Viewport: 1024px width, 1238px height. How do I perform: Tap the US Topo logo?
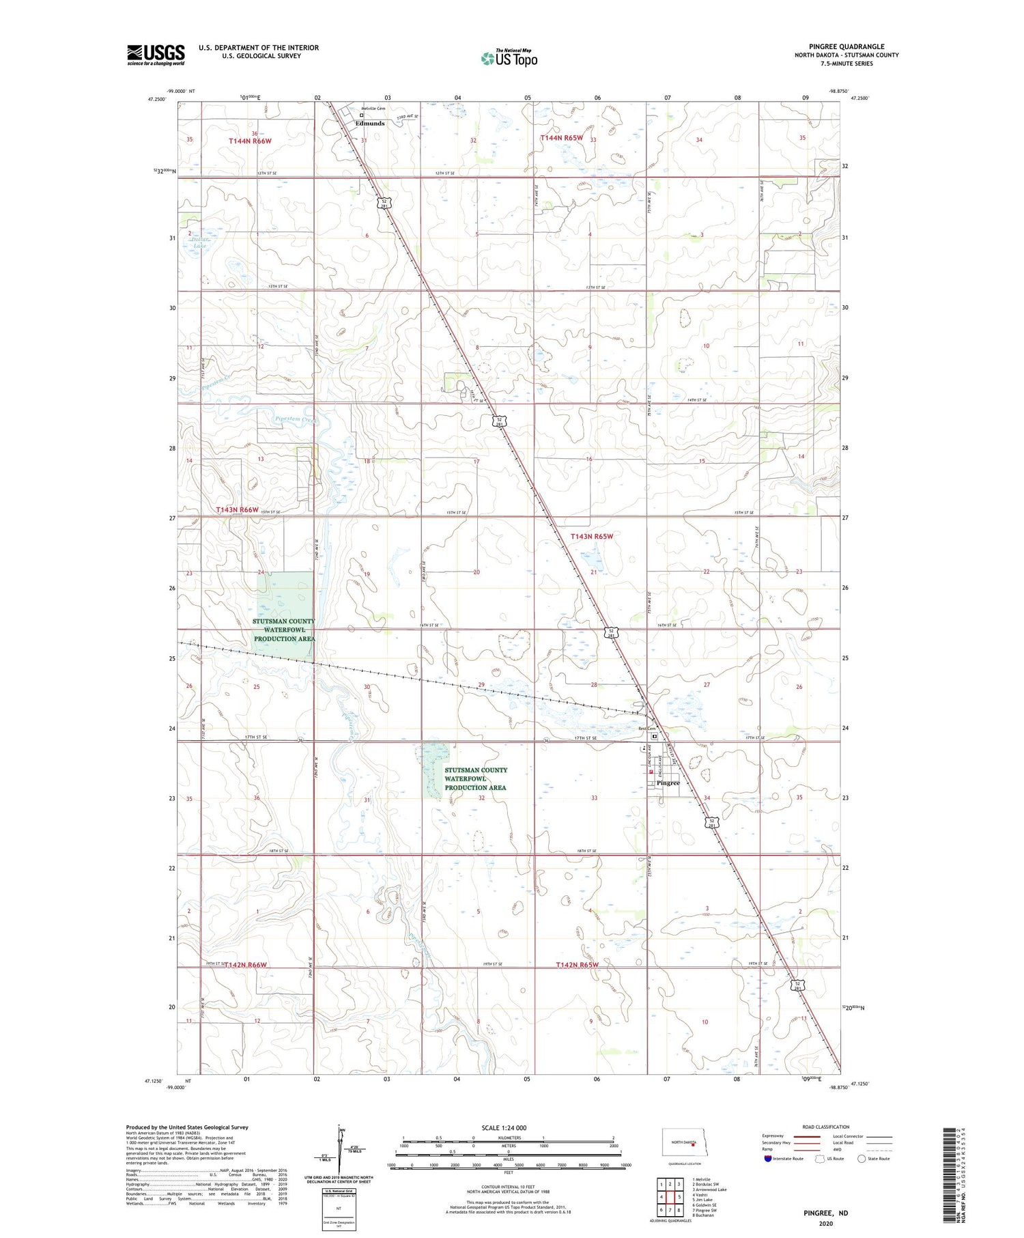(x=509, y=59)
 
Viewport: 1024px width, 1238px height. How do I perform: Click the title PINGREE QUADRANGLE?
(x=846, y=46)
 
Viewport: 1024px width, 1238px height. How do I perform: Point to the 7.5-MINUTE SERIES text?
(x=847, y=64)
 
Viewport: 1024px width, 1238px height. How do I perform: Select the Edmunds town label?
(x=369, y=124)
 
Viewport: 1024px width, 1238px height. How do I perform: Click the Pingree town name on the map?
(x=668, y=783)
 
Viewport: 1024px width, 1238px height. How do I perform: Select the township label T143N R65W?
(x=591, y=537)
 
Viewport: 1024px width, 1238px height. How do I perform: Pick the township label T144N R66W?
(x=250, y=141)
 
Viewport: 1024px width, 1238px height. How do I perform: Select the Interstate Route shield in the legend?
(x=767, y=1158)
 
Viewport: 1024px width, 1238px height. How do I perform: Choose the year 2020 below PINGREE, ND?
(x=825, y=1222)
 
